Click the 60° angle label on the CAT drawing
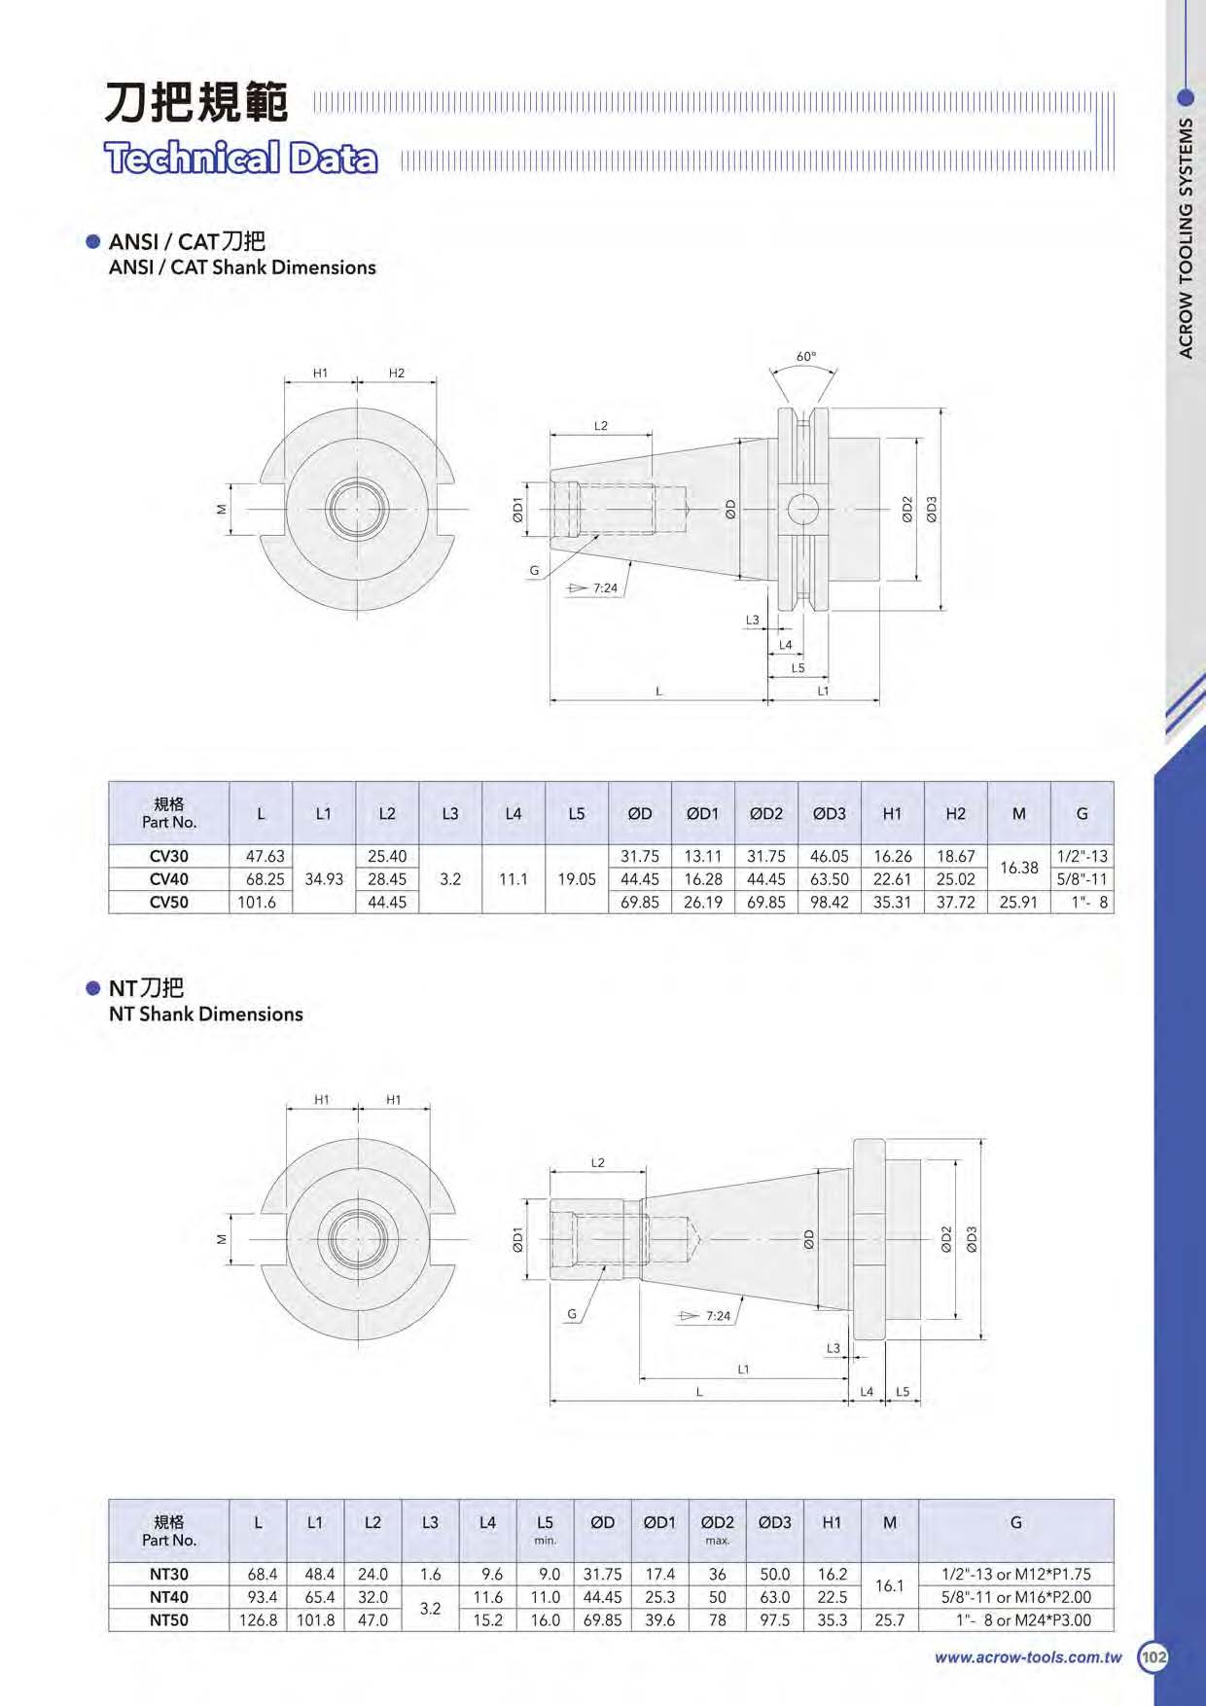click(806, 357)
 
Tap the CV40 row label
click(169, 879)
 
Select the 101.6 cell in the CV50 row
click(257, 903)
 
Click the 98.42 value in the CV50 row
click(830, 903)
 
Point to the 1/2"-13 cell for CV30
click(1082, 857)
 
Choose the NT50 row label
click(169, 1620)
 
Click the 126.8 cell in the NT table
click(259, 1620)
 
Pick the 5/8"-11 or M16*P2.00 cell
click(1016, 1597)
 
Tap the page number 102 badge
click(1153, 1657)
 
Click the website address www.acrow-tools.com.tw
click(1028, 1657)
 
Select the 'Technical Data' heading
click(241, 158)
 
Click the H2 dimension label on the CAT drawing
click(397, 373)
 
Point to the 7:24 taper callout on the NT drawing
click(718, 1316)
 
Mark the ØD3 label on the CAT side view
click(932, 510)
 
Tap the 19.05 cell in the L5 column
click(577, 879)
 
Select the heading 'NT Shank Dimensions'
click(206, 1014)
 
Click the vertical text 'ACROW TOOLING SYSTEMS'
click(1186, 238)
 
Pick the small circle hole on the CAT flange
click(803, 508)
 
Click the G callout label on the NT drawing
click(572, 1314)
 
